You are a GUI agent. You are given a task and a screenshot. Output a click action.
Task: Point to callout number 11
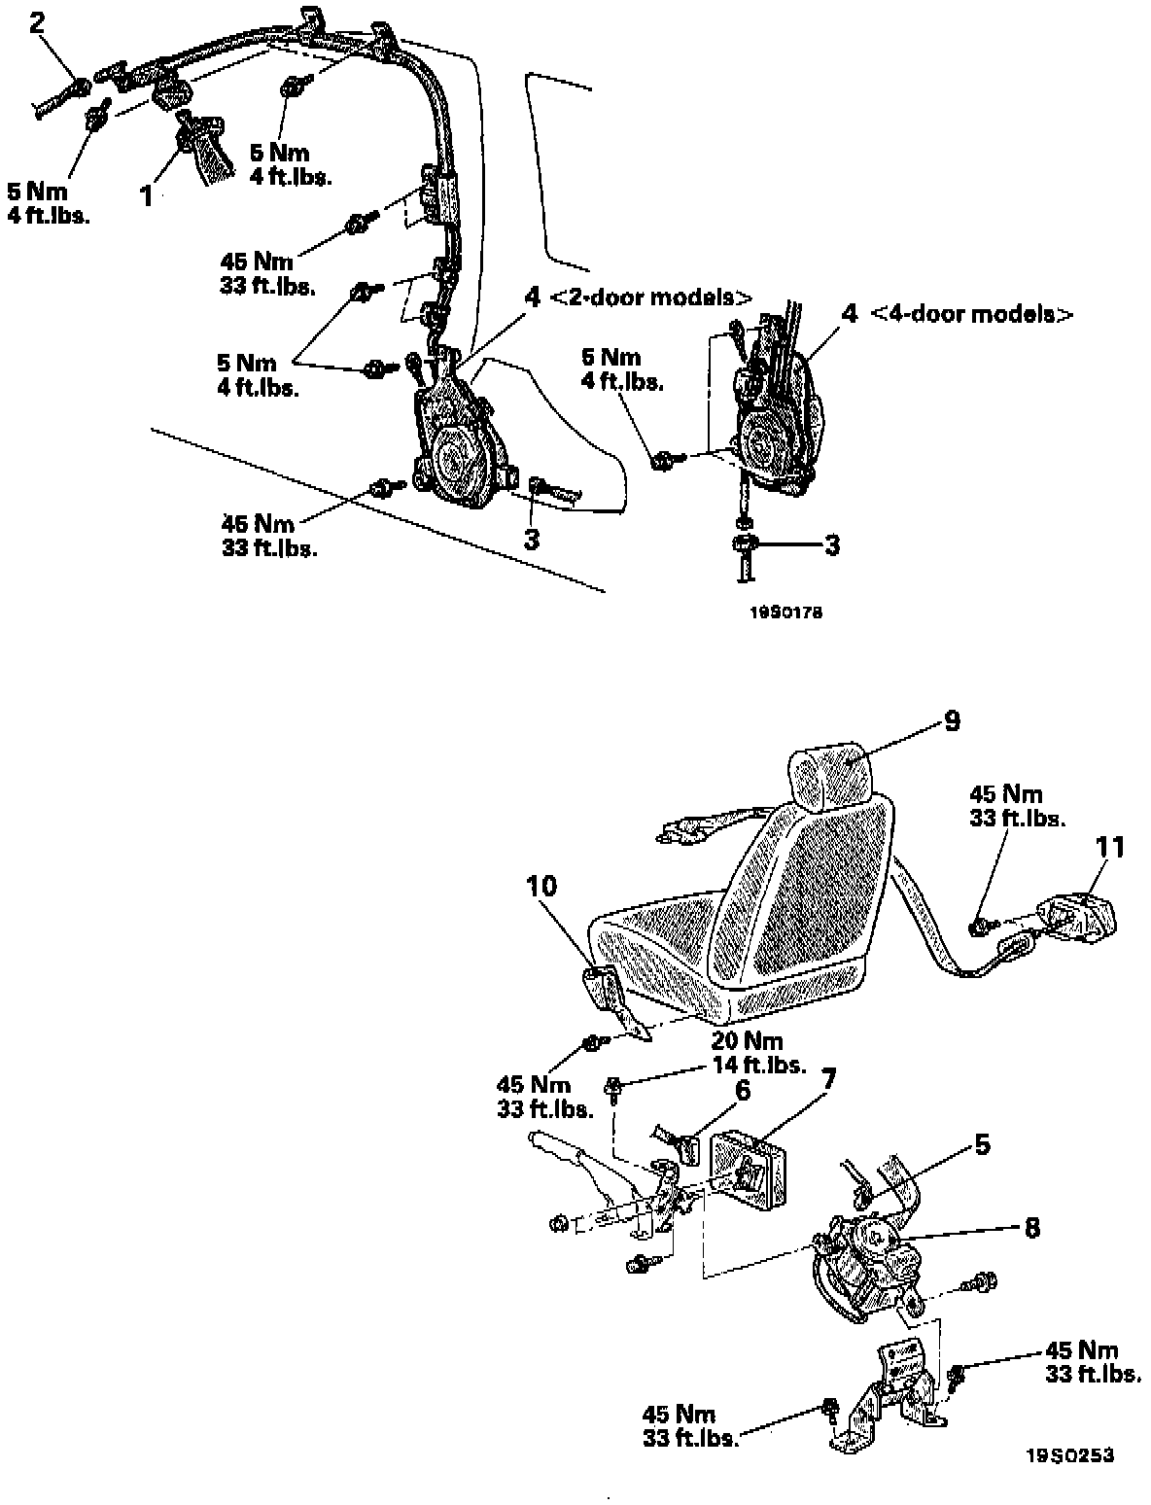click(x=1110, y=848)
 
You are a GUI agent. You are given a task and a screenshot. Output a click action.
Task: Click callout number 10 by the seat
click(x=541, y=886)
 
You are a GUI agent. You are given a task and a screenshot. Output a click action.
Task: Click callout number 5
click(x=982, y=1145)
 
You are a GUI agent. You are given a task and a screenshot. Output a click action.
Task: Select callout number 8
click(x=1031, y=1228)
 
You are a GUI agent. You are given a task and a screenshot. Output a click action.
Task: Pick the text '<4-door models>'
click(x=972, y=314)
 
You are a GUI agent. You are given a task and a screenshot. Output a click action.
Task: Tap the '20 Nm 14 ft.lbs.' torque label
click(x=754, y=1054)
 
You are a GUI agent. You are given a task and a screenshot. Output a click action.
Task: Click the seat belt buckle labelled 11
click(x=1074, y=918)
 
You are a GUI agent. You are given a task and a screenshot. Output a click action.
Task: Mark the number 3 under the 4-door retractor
click(x=831, y=544)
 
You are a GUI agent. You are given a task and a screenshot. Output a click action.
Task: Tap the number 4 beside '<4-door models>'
click(x=850, y=314)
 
